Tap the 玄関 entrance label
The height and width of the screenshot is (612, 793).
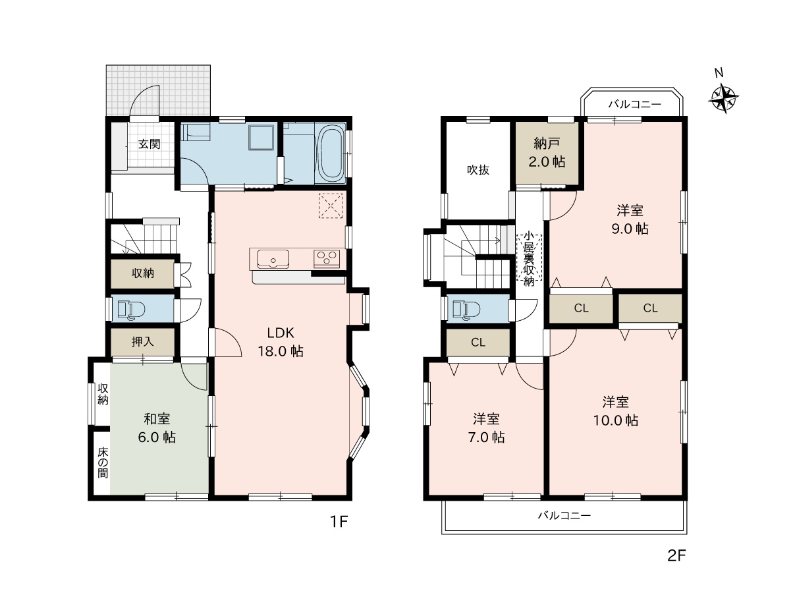click(150, 144)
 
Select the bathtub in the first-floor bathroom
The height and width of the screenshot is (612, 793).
click(332, 154)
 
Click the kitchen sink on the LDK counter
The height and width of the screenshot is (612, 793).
click(273, 259)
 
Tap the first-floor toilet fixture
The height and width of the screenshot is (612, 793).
click(131, 310)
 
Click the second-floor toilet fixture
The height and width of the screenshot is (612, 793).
click(466, 310)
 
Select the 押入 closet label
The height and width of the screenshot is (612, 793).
click(142, 342)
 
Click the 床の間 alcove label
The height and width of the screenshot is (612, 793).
click(103, 462)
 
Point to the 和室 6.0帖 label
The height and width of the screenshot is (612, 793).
click(157, 428)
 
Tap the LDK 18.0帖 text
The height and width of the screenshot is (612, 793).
click(281, 342)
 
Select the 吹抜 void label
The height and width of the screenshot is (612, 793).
click(478, 170)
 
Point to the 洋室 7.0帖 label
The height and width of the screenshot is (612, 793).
click(486, 428)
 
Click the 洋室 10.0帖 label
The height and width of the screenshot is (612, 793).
click(615, 411)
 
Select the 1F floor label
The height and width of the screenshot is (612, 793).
click(339, 522)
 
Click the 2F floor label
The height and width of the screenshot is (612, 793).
click(677, 555)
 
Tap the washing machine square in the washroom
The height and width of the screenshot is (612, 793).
click(261, 137)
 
